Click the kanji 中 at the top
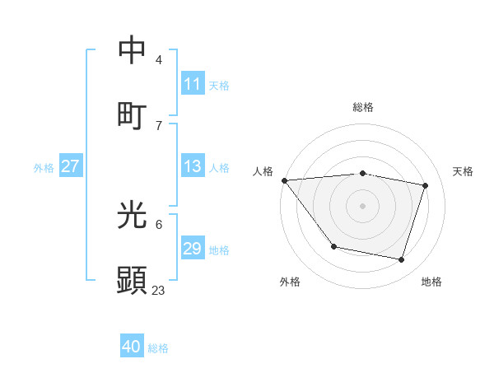coord(133,50)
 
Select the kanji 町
coord(133,115)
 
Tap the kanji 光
coord(133,215)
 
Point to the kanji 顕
coord(133,281)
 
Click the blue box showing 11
coord(193,84)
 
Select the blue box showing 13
coord(193,166)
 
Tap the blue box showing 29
coord(193,249)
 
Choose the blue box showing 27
coord(70,166)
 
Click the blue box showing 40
coord(132,347)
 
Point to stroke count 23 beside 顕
coord(159,290)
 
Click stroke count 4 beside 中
coord(159,59)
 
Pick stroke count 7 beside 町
coord(159,125)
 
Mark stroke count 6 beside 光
coord(159,224)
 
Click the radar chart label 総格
coord(363,107)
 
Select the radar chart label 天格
coord(463,171)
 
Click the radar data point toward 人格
coord(284,180)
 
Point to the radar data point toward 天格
coord(426,185)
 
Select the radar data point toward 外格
coord(333,246)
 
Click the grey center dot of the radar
coord(363,206)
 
